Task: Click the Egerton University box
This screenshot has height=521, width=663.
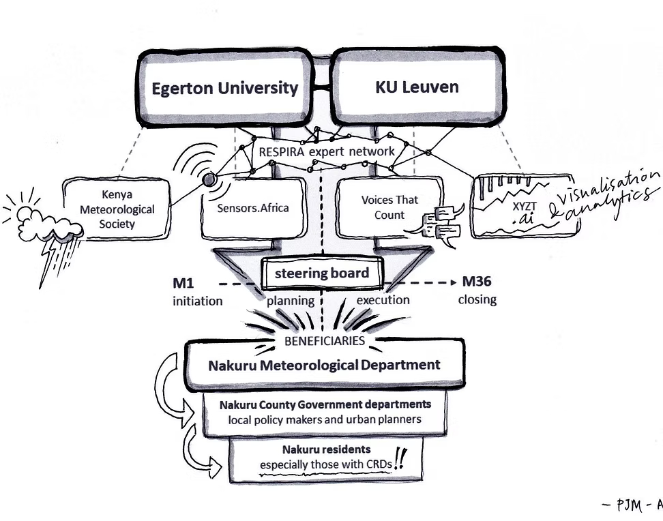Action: (x=224, y=88)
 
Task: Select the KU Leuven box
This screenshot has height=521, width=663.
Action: (x=417, y=87)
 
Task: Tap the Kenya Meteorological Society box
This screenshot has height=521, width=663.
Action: (x=117, y=209)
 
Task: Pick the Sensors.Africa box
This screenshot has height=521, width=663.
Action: (x=252, y=208)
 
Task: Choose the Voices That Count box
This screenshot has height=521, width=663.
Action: (x=389, y=207)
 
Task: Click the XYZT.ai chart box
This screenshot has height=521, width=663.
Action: (x=522, y=205)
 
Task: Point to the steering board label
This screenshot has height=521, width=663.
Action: (x=321, y=273)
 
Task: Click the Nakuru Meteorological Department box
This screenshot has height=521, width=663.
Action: (x=324, y=365)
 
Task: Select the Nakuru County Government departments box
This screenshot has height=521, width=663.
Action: (x=325, y=412)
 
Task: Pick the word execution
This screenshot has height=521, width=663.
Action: (x=383, y=300)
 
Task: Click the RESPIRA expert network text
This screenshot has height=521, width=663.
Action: (x=326, y=151)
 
